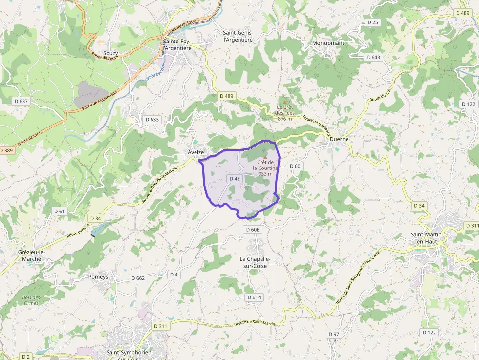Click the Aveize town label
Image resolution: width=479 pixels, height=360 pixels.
tap(196, 152)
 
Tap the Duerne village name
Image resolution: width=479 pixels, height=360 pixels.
tap(339, 139)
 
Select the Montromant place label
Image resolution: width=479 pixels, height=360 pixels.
tap(328, 43)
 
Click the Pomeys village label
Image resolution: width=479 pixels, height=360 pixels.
tap(98, 277)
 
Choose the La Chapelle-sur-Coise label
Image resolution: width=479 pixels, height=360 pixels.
tap(255, 262)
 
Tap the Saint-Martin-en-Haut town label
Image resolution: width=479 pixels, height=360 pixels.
tap(427, 238)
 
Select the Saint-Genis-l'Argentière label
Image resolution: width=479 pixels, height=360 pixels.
tap(238, 36)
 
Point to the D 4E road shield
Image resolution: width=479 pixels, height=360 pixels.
tap(235, 179)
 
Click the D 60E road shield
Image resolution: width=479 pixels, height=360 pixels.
tap(254, 229)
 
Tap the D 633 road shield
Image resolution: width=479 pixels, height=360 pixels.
tap(152, 119)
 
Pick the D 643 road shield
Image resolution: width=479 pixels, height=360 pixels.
tap(373, 57)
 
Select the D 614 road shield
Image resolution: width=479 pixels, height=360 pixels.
tap(254, 297)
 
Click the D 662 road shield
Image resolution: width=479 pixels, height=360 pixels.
tap(138, 278)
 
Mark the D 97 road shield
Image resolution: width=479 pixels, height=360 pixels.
tap(333, 334)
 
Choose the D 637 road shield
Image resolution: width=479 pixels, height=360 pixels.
tap(21, 101)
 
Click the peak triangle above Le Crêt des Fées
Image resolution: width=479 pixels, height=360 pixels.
tap(284, 102)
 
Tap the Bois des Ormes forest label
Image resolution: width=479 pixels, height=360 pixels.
tap(31, 300)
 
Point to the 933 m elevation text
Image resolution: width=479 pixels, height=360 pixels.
tap(265, 174)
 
